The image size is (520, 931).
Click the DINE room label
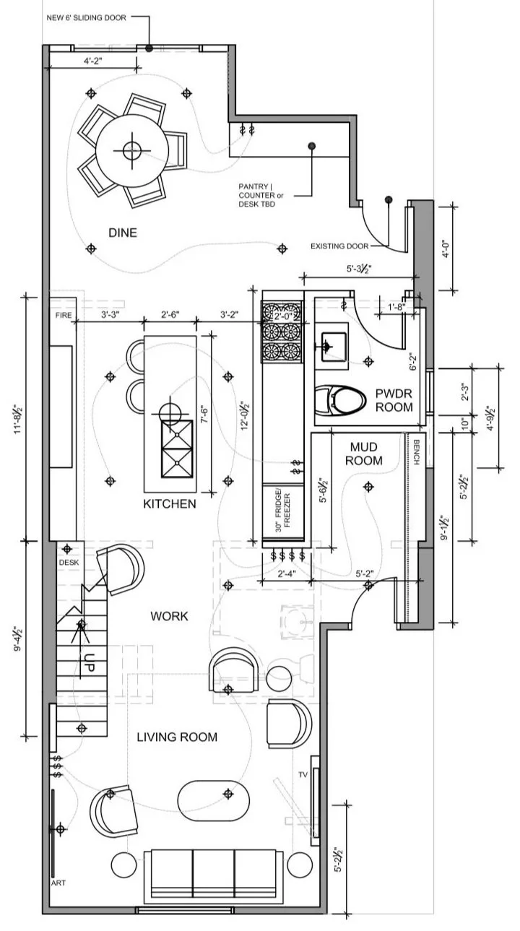123,233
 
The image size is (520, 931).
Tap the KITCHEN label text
170,503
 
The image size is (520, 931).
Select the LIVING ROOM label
177,737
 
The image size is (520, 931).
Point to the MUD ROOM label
365,454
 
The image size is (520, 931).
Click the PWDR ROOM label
394,400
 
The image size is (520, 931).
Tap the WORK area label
169,616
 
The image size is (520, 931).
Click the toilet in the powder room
342,400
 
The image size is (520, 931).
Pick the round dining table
131,150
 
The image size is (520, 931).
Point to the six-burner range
281,332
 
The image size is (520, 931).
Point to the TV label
303,774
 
